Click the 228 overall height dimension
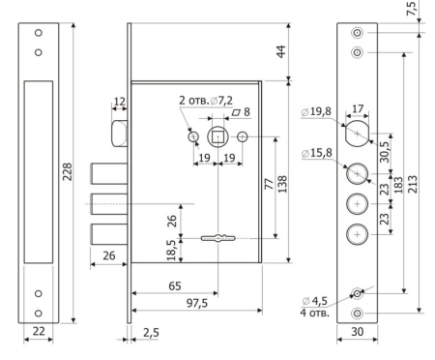click(68, 171)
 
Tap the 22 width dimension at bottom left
click(39, 331)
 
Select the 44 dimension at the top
click(281, 51)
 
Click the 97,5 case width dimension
click(197, 303)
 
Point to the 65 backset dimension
click(175, 285)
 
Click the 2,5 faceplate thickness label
click(151, 332)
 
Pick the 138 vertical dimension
click(282, 184)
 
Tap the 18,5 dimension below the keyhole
click(171, 250)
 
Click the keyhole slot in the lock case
click(218, 238)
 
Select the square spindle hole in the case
click(218, 137)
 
